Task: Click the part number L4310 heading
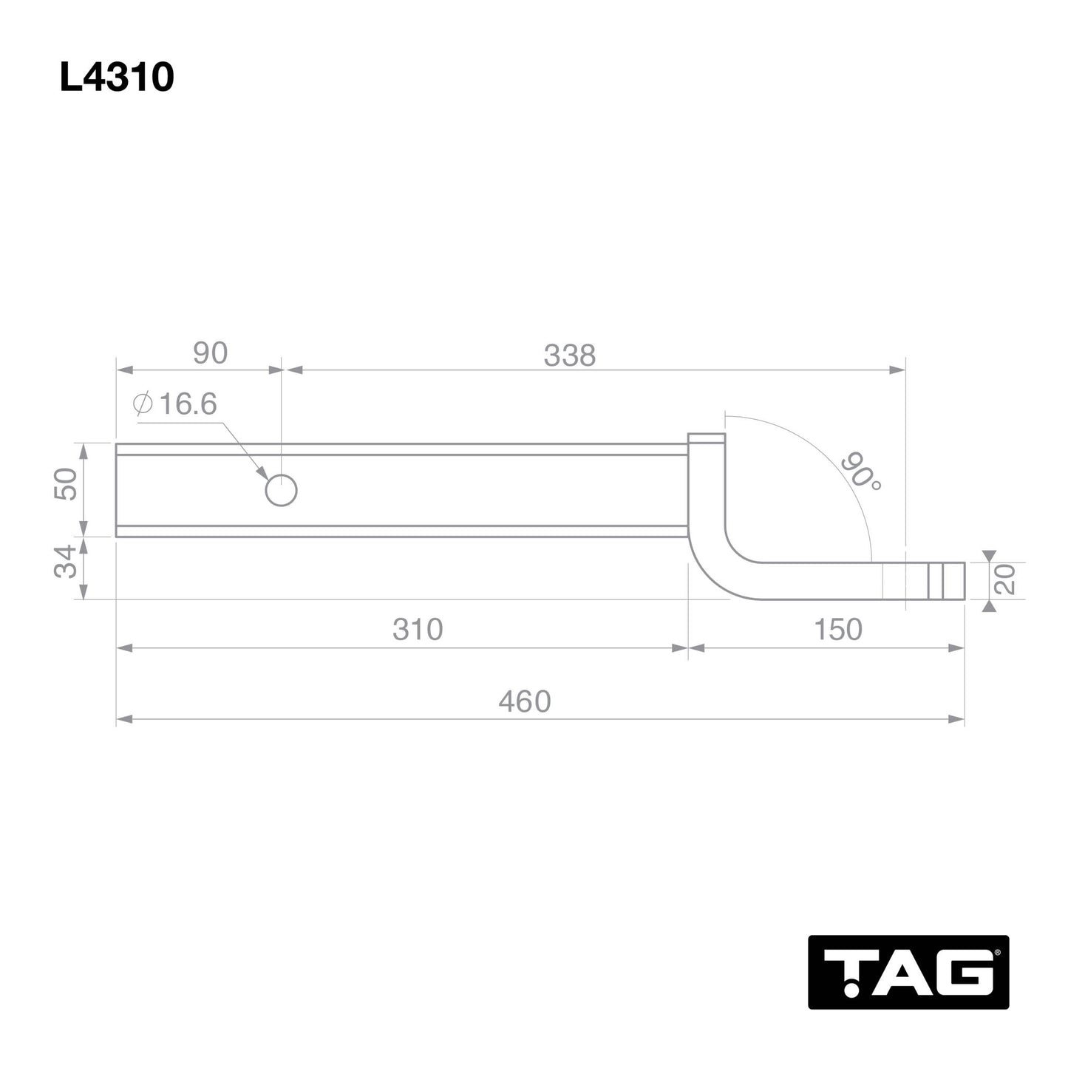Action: click(117, 77)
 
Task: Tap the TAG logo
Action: click(908, 971)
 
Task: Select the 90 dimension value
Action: click(210, 353)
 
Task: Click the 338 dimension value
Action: click(569, 356)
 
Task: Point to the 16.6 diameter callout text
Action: click(187, 404)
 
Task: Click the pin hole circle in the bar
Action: click(281, 490)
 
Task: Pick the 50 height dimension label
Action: click(67, 484)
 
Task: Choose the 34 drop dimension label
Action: click(67, 562)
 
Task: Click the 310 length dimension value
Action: click(418, 629)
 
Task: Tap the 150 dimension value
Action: click(837, 629)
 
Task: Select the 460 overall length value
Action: click(524, 701)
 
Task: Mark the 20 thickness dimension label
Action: click(1006, 579)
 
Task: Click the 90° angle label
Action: click(860, 472)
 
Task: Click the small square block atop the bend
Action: click(707, 439)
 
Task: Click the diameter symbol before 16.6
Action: click(143, 404)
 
